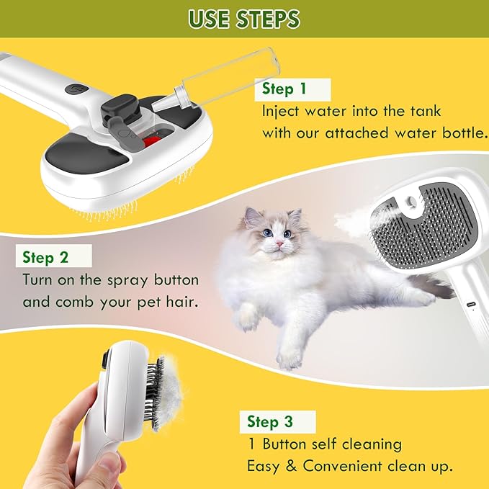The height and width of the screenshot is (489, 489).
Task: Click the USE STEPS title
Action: point(244,19)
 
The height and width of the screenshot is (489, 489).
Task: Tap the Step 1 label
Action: point(283,89)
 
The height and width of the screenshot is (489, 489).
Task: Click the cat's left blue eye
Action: point(267,233)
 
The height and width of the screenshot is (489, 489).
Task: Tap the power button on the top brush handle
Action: point(77,91)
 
